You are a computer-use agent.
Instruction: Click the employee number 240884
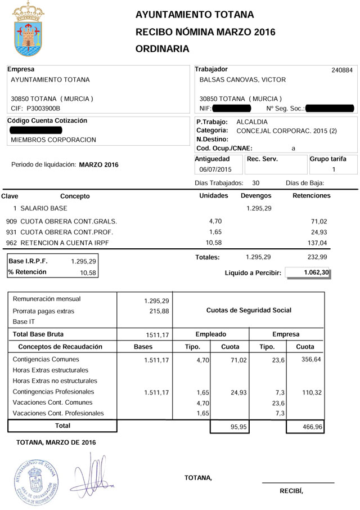pyautogui.click(x=342, y=70)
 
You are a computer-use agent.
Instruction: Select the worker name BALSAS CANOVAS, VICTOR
pyautogui.click(x=243, y=80)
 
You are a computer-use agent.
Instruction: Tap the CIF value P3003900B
pyautogui.click(x=43, y=108)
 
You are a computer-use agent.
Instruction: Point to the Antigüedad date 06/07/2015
pyautogui.click(x=215, y=169)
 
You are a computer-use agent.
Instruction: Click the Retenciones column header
pyautogui.click(x=312, y=196)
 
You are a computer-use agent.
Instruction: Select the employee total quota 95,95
pyautogui.click(x=232, y=428)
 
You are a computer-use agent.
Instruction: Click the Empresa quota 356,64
pyautogui.click(x=309, y=360)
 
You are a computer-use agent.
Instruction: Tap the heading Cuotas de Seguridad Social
pyautogui.click(x=249, y=310)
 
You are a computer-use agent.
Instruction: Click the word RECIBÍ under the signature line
pyautogui.click(x=291, y=491)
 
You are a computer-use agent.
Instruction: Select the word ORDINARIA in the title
pyautogui.click(x=163, y=49)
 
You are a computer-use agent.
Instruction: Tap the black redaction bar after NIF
pyautogui.click(x=231, y=108)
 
